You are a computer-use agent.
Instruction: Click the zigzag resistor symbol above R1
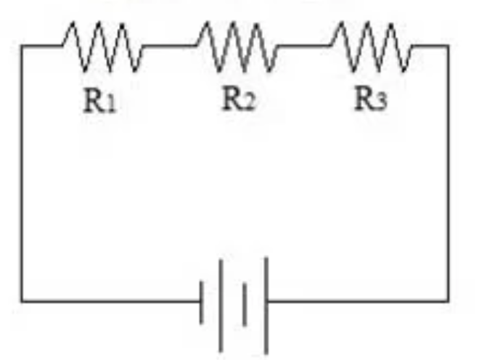(x=103, y=46)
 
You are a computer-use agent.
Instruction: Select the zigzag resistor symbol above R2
(x=237, y=46)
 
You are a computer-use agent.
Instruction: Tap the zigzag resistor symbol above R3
(x=370, y=46)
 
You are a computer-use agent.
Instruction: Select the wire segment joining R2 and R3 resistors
(x=303, y=46)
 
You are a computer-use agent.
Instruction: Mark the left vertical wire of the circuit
(x=21, y=174)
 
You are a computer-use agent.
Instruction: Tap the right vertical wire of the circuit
(x=448, y=174)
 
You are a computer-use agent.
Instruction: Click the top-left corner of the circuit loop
(x=21, y=46)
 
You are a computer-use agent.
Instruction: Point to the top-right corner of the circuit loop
(x=448, y=46)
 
